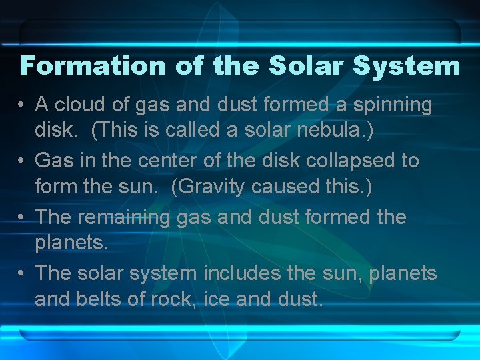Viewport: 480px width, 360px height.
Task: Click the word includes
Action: coord(253,273)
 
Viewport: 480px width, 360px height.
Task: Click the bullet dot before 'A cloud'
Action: coord(22,105)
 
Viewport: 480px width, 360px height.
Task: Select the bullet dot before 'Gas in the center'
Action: coord(22,161)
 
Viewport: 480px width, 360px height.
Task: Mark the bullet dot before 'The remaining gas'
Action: coord(22,217)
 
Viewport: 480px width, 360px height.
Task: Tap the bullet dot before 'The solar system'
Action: coord(22,273)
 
